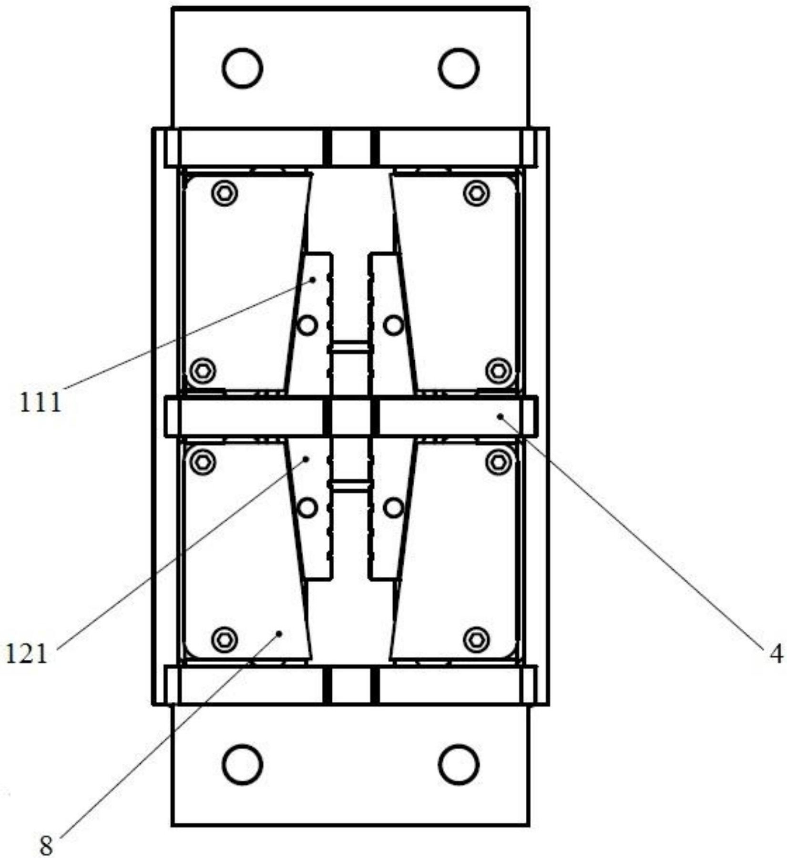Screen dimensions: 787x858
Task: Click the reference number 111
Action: (x=41, y=402)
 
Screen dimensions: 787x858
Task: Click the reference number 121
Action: (x=27, y=654)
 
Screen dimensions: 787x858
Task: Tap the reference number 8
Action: (x=46, y=847)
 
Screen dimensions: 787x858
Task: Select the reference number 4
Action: (x=776, y=654)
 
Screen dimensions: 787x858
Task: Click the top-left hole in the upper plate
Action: (x=242, y=68)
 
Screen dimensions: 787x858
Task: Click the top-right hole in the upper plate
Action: (x=459, y=68)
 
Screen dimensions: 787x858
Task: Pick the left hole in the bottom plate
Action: (x=242, y=764)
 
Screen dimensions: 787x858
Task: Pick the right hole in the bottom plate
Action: (x=459, y=764)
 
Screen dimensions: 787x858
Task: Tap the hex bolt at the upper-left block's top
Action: (x=225, y=193)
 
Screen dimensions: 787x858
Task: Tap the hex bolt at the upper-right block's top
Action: (x=476, y=193)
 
